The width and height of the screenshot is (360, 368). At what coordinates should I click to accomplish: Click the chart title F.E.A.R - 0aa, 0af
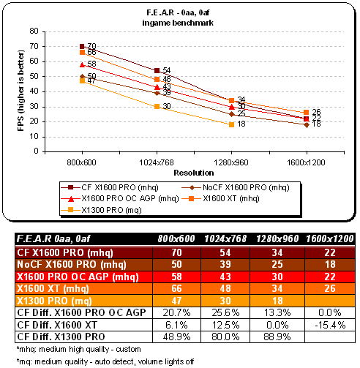click(x=178, y=12)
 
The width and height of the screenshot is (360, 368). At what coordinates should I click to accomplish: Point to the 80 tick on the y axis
click(x=34, y=31)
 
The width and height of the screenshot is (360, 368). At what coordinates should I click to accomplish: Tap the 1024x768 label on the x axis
click(x=157, y=162)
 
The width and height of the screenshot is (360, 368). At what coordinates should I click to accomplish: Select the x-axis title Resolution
click(x=194, y=173)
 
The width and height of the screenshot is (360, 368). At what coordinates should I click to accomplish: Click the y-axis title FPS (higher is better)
click(x=21, y=91)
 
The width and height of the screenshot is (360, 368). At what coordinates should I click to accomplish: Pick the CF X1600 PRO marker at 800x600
click(x=82, y=46)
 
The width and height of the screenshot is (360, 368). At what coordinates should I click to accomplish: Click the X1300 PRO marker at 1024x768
click(x=157, y=106)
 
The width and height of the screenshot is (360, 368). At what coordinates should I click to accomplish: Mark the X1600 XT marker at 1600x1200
click(x=307, y=112)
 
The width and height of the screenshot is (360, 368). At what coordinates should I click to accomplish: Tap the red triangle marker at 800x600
click(x=82, y=64)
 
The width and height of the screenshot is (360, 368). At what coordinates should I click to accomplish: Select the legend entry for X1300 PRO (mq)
click(x=101, y=210)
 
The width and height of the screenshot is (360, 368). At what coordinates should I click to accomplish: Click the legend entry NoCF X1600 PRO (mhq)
click(x=236, y=187)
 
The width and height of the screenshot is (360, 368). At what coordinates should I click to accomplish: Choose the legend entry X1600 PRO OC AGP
click(x=120, y=198)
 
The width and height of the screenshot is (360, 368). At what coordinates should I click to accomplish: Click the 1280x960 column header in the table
click(x=277, y=239)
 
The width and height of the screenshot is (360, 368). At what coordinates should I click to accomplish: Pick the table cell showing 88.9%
click(x=277, y=337)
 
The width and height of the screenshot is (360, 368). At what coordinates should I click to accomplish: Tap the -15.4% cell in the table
click(x=330, y=325)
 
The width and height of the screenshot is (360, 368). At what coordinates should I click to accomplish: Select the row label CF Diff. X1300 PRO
click(x=61, y=337)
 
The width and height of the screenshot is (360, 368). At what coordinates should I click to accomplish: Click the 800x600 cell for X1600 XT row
click(x=176, y=288)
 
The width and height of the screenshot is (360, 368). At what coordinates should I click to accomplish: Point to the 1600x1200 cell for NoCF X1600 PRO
click(x=330, y=264)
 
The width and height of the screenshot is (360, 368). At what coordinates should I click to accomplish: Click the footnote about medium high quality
click(x=78, y=349)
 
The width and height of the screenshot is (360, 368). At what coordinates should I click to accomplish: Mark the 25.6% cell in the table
click(x=225, y=312)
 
